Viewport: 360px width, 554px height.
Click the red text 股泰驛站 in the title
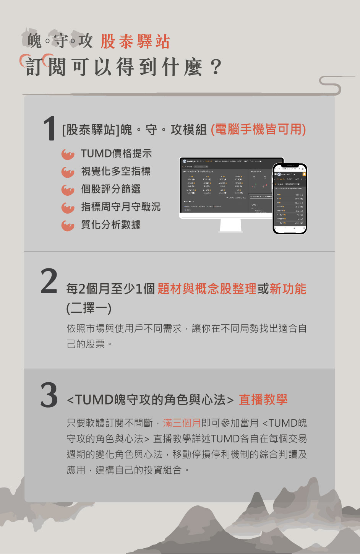tap(135, 42)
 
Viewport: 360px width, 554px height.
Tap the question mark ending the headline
tap(216, 67)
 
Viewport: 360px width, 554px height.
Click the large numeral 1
tap(49, 129)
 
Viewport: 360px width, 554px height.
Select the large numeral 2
tap(49, 282)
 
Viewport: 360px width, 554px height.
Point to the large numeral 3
tap(49, 395)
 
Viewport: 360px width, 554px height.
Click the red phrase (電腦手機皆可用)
tap(258, 130)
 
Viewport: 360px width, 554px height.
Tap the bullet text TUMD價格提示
tap(116, 154)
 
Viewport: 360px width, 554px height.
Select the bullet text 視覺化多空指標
tap(115, 171)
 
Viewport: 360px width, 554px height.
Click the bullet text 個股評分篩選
tap(110, 189)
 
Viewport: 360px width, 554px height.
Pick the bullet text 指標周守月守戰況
tap(120, 207)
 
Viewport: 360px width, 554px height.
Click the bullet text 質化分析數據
tap(110, 225)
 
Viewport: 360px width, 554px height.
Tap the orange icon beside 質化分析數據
tap(68, 226)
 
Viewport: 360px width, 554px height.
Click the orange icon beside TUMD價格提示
tap(68, 154)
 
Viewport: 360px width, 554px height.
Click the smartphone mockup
tap(290, 198)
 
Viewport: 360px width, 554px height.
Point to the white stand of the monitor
tap(231, 225)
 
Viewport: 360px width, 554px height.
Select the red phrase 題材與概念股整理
tap(207, 289)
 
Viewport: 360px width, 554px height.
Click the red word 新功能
tap(288, 289)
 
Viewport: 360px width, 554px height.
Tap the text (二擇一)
tap(89, 308)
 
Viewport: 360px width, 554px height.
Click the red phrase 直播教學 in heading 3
tap(263, 400)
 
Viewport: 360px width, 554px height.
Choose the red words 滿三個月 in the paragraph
tap(182, 423)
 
